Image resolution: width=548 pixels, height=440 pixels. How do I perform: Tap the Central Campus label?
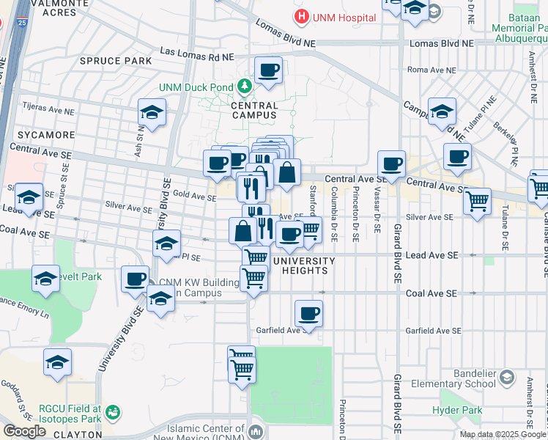tap(254, 110)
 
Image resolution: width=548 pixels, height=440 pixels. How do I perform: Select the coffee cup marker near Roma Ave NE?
tap(268, 70)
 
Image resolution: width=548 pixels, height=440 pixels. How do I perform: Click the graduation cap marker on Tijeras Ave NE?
tap(151, 112)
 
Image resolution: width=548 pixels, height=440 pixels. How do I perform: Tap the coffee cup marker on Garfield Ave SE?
tap(308, 314)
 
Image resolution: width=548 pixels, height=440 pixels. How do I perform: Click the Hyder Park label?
tap(456, 411)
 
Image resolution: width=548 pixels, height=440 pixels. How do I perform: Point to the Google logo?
tap(24, 431)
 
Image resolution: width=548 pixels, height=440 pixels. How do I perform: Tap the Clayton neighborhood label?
tap(75, 434)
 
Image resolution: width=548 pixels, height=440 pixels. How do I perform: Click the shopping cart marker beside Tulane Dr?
tap(477, 200)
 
